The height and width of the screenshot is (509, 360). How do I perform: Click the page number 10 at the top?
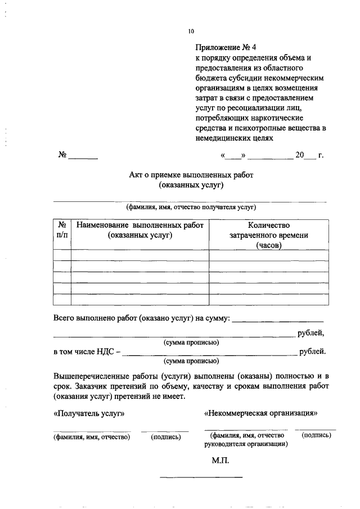191,31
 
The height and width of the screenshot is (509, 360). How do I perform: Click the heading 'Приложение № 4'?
220,47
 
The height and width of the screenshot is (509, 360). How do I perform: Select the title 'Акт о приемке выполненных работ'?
191,174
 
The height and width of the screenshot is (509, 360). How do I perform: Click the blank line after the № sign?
83,158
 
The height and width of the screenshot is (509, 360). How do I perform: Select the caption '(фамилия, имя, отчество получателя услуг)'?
191,206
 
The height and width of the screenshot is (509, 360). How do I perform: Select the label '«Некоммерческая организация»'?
261,413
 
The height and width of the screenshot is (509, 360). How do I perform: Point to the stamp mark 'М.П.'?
220,460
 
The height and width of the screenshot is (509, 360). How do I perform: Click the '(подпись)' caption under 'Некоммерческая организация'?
316,435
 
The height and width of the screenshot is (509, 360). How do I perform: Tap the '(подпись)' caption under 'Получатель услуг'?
166,436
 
